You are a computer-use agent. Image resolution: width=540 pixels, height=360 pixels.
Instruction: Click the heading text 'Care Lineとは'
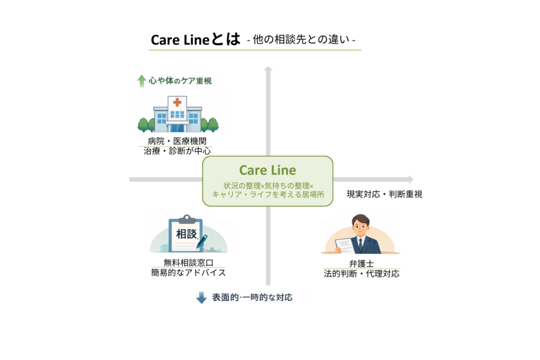coord(195,40)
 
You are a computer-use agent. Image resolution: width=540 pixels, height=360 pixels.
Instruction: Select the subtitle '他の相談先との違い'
coord(301,40)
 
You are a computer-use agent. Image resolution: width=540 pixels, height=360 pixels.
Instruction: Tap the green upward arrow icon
coord(141,81)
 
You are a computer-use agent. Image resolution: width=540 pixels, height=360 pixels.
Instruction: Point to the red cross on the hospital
coord(177,102)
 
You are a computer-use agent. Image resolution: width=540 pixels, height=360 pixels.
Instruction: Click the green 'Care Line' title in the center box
coord(267,170)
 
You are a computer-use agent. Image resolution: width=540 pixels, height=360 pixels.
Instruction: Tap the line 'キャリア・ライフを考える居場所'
coord(268,194)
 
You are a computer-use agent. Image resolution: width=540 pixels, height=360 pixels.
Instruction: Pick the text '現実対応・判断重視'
coord(384,194)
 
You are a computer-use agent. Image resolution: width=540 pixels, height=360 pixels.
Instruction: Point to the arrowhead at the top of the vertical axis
coord(268,69)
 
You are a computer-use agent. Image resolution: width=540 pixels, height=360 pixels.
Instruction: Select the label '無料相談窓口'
coord(187,262)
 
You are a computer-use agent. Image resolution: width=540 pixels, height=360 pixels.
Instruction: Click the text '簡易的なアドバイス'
coord(188,273)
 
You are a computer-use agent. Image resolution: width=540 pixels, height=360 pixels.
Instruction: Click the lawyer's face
coord(361,226)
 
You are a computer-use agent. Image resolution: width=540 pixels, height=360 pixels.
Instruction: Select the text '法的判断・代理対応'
coord(361,274)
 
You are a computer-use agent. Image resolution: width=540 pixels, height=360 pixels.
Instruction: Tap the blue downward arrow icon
coord(201,298)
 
